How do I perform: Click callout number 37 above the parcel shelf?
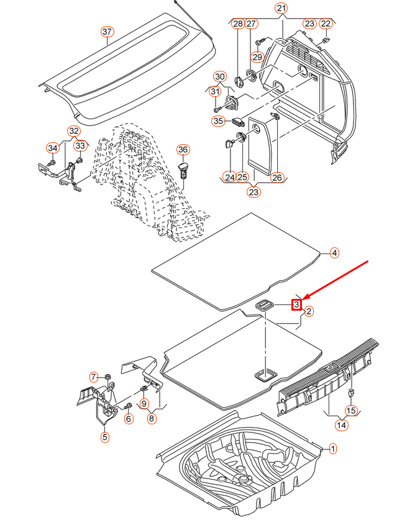click(x=107, y=32)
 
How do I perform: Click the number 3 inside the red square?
click(x=297, y=304)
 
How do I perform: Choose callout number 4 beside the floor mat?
click(x=334, y=253)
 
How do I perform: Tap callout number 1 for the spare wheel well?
click(x=332, y=448)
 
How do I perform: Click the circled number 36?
click(x=183, y=150)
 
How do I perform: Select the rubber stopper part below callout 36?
click(x=184, y=170)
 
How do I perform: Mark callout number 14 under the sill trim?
click(x=341, y=425)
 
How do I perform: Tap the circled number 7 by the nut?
click(x=94, y=377)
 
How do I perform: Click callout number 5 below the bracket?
click(x=104, y=437)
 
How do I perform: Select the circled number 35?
click(x=217, y=121)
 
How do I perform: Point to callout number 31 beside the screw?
click(x=215, y=91)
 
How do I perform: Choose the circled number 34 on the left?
click(x=52, y=147)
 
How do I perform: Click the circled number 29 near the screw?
click(x=257, y=57)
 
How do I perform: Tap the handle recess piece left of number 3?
click(x=265, y=304)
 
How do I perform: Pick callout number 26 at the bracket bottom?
click(x=276, y=178)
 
